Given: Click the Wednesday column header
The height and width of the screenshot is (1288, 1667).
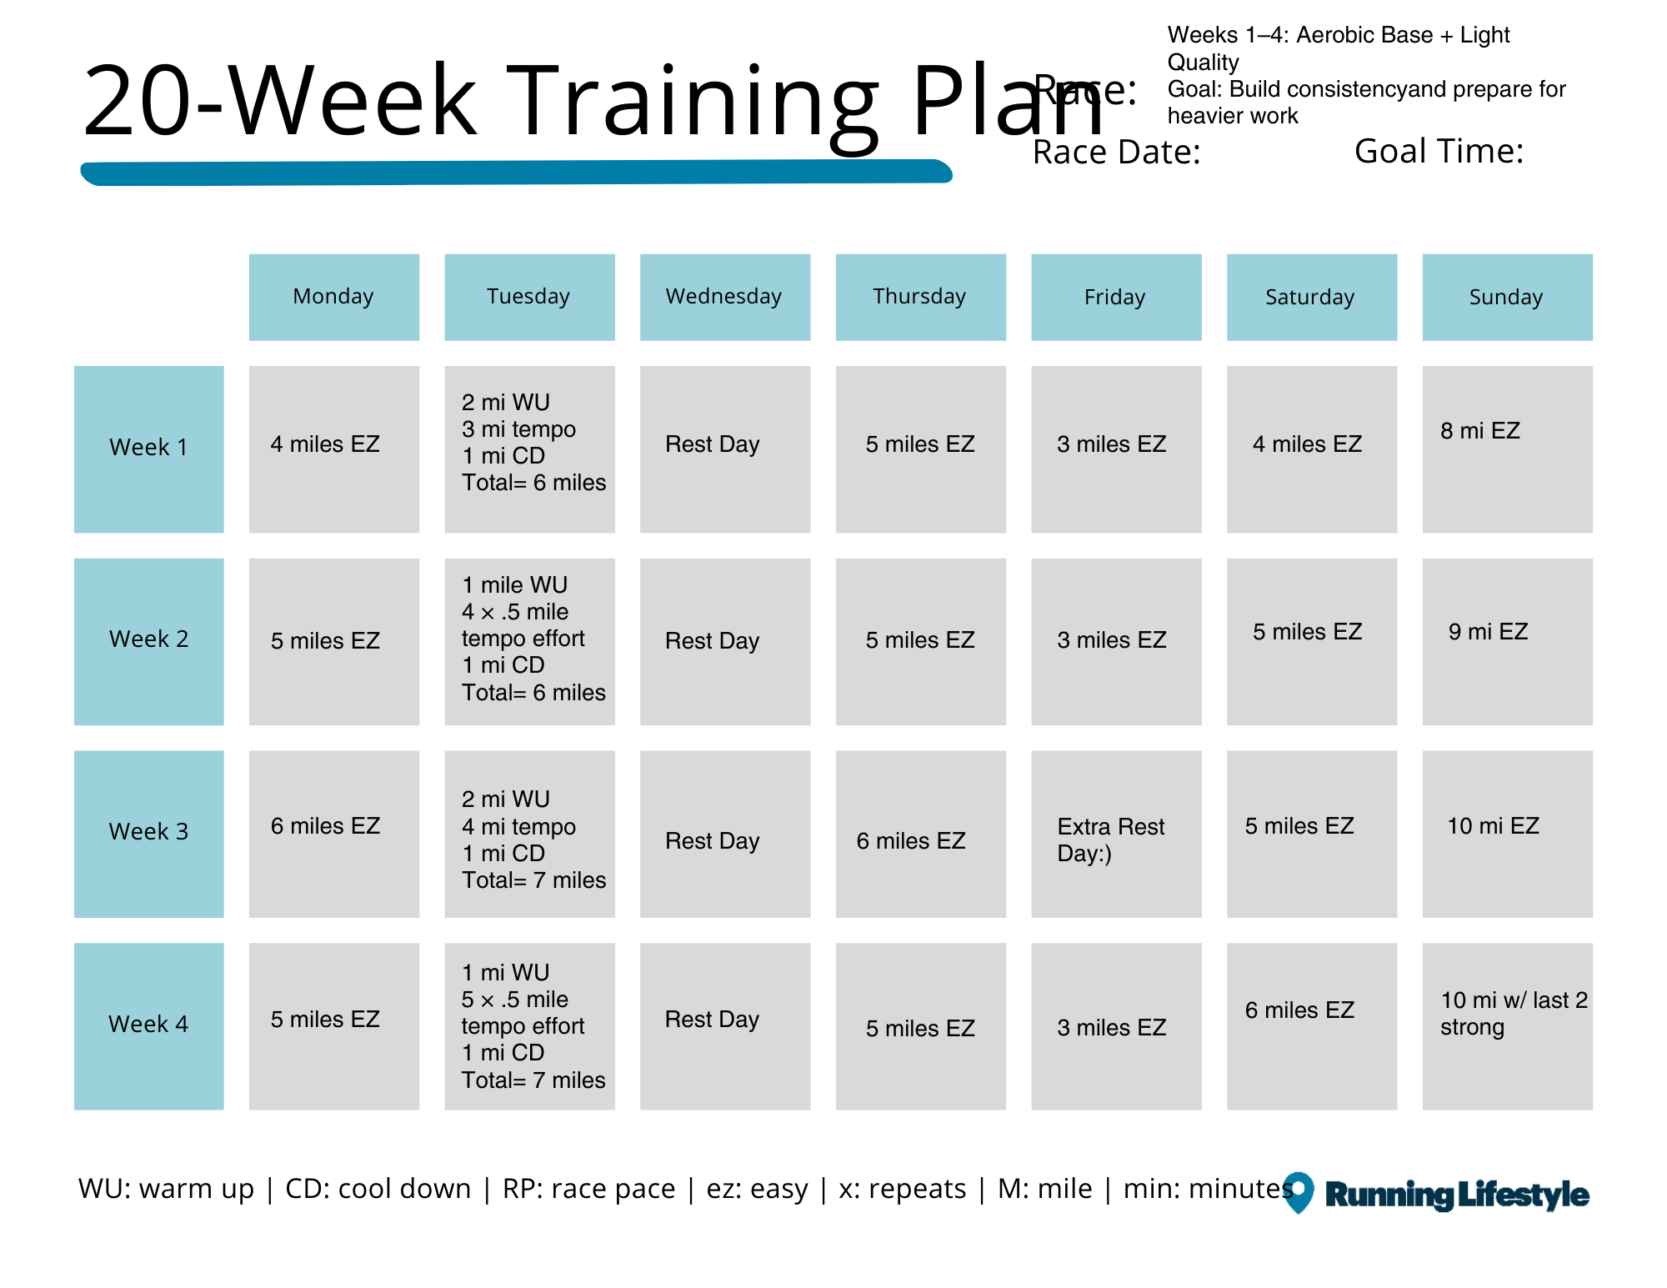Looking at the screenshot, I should pyautogui.click(x=724, y=297).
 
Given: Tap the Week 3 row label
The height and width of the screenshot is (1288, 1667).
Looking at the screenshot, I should pyautogui.click(x=148, y=833).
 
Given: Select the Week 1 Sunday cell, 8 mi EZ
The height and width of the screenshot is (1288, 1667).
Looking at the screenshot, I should pyautogui.click(x=1507, y=449).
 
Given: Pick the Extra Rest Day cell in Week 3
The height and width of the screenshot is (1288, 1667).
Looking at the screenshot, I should pyautogui.click(x=1116, y=833).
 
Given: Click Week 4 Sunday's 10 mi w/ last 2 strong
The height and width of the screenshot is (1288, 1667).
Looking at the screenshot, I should pyautogui.click(x=1507, y=1025).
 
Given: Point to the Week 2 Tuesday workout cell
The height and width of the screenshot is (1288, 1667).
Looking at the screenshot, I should pyautogui.click(x=529, y=640).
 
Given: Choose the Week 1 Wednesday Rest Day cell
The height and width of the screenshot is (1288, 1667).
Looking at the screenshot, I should pyautogui.click(x=724, y=449).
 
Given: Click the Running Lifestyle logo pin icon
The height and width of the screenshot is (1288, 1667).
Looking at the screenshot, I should pyautogui.click(x=1299, y=1191).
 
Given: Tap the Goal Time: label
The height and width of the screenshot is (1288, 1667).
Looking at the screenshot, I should pyautogui.click(x=1439, y=151).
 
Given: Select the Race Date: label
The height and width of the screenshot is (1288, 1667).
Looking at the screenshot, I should pyautogui.click(x=1116, y=153).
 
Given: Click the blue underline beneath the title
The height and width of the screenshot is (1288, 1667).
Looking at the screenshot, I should pyautogui.click(x=517, y=173).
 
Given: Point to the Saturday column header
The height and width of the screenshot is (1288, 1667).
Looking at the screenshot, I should pyautogui.click(x=1311, y=297).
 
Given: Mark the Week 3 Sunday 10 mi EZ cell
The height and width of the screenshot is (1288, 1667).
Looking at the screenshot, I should pyautogui.click(x=1507, y=833).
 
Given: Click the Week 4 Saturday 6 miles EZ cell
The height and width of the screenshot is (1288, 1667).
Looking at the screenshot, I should pyautogui.click(x=1311, y=1025).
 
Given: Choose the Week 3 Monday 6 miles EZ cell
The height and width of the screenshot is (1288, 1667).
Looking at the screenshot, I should pyautogui.click(x=333, y=833).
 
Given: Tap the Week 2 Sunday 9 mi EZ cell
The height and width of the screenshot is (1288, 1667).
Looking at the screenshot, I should pyautogui.click(x=1507, y=640).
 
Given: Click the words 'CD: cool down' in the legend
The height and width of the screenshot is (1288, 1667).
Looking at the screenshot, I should pyautogui.click(x=378, y=1189).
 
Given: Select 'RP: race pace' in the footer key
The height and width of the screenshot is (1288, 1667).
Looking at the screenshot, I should pyautogui.click(x=588, y=1189).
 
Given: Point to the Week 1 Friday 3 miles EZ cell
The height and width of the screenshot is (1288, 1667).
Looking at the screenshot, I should pyautogui.click(x=1116, y=449).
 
